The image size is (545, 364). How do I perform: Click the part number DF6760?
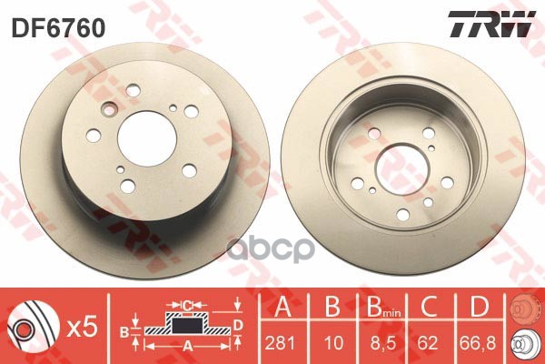pyautogui.click(x=58, y=28)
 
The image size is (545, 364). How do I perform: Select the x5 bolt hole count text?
pyautogui.click(x=82, y=328)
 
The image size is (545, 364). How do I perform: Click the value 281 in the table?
pyautogui.click(x=280, y=343)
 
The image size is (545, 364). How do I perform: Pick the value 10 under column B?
pyautogui.click(x=333, y=343)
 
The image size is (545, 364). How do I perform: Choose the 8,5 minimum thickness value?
pyautogui.click(x=382, y=343)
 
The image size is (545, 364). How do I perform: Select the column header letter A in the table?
pyautogui.click(x=282, y=306)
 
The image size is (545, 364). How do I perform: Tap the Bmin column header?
pyautogui.click(x=383, y=307)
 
